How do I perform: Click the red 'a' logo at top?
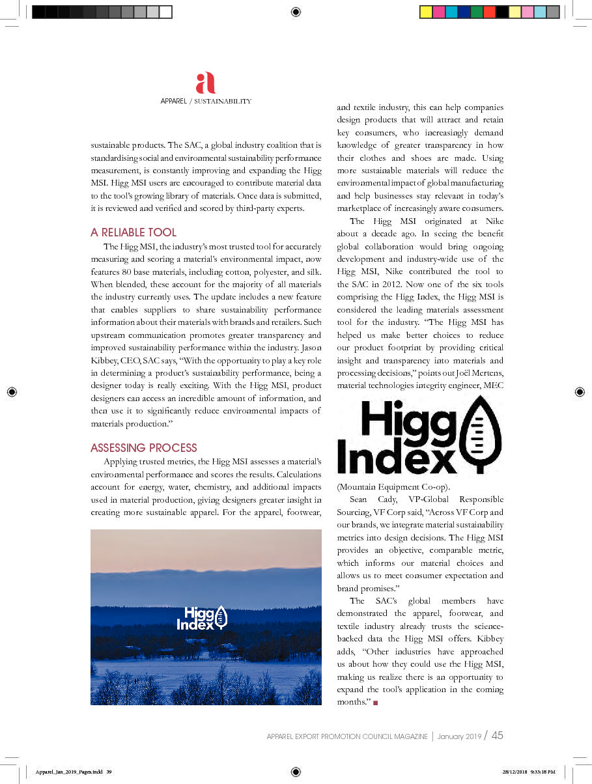[205, 83]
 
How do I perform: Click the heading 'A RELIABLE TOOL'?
[134, 232]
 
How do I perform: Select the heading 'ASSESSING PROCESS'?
[143, 448]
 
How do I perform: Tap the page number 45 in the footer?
[497, 736]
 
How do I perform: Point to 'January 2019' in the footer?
[460, 736]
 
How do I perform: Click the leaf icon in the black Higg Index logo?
[480, 435]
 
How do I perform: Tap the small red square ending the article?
[376, 703]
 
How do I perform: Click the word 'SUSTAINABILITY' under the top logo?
[222, 101]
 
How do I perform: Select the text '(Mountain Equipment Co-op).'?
[385, 486]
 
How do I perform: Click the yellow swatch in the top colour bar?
[426, 12]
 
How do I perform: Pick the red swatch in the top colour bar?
[489, 12]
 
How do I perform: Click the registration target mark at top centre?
[296, 12]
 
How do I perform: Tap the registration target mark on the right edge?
[580, 391]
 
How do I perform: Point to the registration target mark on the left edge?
[12, 391]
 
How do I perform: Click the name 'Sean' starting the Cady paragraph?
[358, 499]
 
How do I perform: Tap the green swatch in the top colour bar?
[477, 12]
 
